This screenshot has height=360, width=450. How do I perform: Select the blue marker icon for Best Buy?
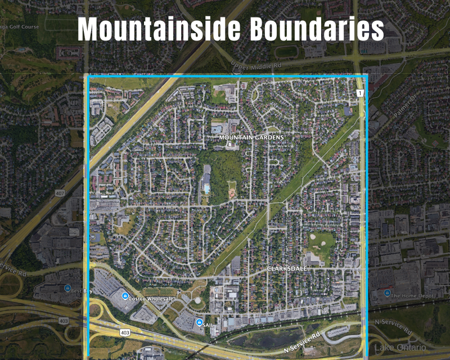[x=68, y=289]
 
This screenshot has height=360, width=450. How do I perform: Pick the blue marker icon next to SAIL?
[x=199, y=322]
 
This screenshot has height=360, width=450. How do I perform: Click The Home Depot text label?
[x=411, y=295]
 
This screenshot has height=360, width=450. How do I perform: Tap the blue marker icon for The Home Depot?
[x=387, y=292]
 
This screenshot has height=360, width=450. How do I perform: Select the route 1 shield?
[x=359, y=92]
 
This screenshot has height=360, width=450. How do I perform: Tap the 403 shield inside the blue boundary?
[x=125, y=332]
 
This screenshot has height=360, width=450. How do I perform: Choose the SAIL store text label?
[x=209, y=324]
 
